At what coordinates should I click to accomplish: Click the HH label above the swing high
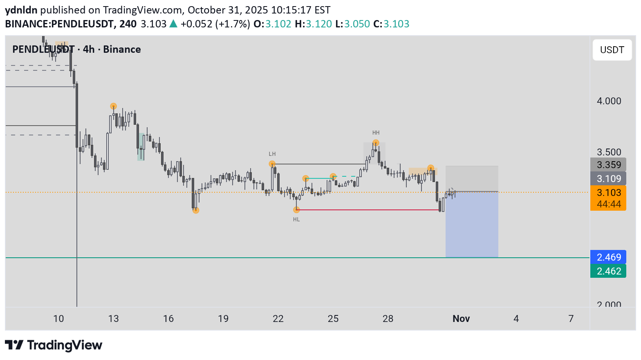coord(376,133)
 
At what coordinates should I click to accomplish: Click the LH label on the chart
coord(272,154)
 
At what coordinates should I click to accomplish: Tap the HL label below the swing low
coord(296,219)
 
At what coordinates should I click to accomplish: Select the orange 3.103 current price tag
coord(608,193)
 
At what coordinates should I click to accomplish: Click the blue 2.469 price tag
coord(608,257)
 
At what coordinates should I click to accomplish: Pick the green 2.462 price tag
coord(608,271)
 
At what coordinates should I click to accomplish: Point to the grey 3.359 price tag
coord(608,164)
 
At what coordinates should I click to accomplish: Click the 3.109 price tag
coord(608,178)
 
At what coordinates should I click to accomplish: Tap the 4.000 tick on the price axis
coord(609,101)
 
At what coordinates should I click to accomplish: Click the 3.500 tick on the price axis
coord(609,152)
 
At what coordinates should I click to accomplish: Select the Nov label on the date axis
coord(461,319)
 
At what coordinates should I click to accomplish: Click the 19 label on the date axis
coord(223,319)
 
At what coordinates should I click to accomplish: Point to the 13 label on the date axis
coord(113,319)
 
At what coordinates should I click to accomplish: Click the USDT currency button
coord(612,50)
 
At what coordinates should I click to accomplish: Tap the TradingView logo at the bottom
coord(54,345)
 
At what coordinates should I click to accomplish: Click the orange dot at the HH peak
coord(376,143)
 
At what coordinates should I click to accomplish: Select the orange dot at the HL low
coord(296,210)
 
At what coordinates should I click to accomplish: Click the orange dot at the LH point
coord(272,164)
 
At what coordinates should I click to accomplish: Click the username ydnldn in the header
coord(21,10)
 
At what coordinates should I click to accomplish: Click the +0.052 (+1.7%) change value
coord(215,24)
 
